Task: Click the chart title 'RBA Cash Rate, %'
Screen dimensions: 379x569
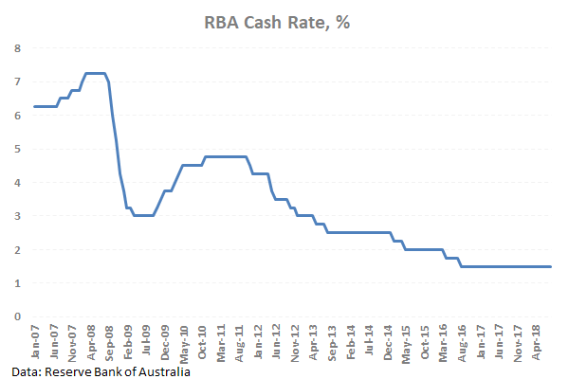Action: click(284, 23)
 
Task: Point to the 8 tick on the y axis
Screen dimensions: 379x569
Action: click(16, 47)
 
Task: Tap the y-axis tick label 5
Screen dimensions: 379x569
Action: click(16, 149)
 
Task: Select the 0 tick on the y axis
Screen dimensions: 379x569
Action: click(16, 316)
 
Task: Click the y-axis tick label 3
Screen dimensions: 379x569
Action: click(16, 216)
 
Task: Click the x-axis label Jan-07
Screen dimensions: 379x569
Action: click(35, 339)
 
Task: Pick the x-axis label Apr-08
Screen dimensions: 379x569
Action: click(91, 339)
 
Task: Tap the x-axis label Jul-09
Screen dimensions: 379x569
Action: click(147, 339)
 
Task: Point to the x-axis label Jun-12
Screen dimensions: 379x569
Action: click(275, 339)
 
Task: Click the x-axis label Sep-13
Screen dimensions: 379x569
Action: click(331, 339)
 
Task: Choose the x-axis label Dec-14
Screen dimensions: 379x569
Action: click(387, 339)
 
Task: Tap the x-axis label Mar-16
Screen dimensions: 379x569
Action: click(442, 339)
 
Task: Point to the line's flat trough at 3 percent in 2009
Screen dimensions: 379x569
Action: click(143, 215)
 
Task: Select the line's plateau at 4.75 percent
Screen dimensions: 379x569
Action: click(226, 156)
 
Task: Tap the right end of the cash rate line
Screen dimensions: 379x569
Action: click(551, 266)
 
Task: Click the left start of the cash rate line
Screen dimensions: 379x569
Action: click(35, 106)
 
